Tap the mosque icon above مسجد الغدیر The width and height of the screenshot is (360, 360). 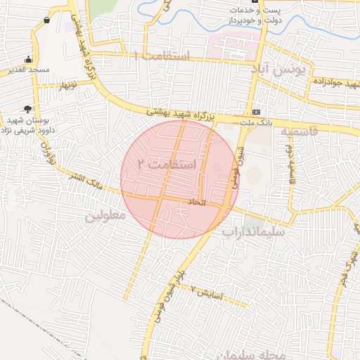pyautogui.click(x=28, y=59)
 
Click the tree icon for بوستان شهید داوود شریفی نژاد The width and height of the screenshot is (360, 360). pyautogui.click(x=27, y=108)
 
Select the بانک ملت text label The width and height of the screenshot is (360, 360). pyautogui.click(x=257, y=124)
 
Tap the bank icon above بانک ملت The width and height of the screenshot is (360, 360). pyautogui.click(x=256, y=112)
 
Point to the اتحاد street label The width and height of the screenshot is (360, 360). pyautogui.click(x=194, y=202)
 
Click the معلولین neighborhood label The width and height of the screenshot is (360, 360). pyautogui.click(x=105, y=216)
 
